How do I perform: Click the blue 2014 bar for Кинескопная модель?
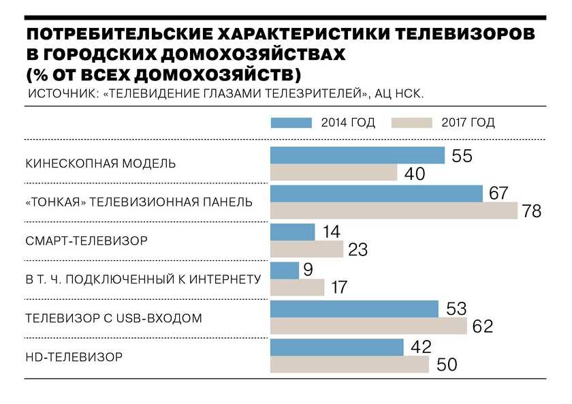(x=357, y=155)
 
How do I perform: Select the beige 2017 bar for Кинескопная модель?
(x=334, y=173)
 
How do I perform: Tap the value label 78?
(x=531, y=211)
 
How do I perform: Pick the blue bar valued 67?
(x=377, y=194)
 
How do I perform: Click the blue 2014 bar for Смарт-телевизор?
(x=293, y=232)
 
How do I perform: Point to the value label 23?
(x=357, y=250)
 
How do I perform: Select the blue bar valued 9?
(x=285, y=270)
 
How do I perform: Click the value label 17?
(x=338, y=288)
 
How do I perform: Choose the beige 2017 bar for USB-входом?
(x=368, y=326)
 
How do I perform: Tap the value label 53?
(x=456, y=309)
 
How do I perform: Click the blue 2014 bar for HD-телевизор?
(x=337, y=347)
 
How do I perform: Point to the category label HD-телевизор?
(x=74, y=356)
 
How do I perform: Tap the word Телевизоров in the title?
(x=454, y=35)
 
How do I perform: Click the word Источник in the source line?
(x=60, y=93)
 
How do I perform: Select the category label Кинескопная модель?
(x=101, y=164)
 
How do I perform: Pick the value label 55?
(x=462, y=156)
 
